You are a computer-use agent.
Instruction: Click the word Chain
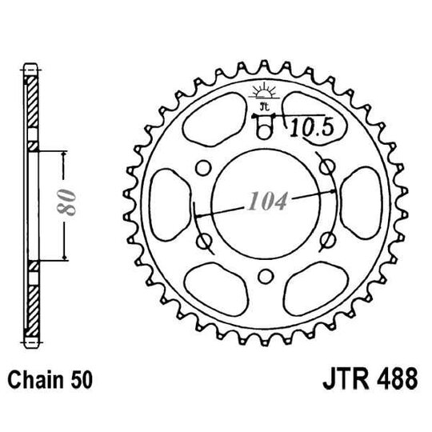tap(36, 377)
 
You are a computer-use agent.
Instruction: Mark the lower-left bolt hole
tap(204, 239)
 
